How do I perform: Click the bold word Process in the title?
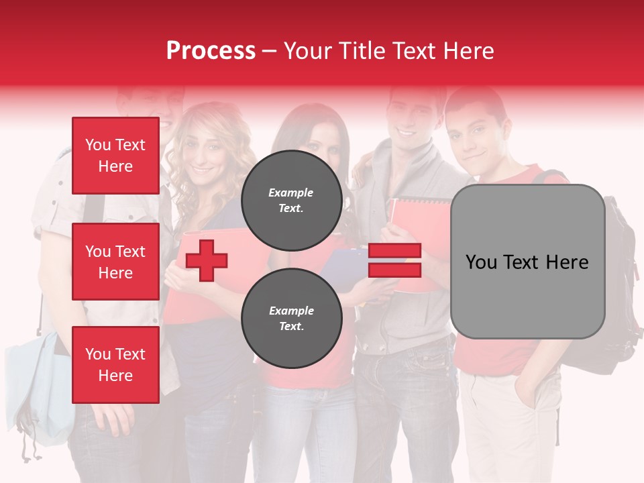tap(211, 51)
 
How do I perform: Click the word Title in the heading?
tap(360, 51)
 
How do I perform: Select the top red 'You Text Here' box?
tap(115, 156)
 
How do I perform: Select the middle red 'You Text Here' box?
tap(115, 262)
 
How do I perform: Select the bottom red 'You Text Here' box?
tap(115, 365)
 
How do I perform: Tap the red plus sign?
tap(207, 260)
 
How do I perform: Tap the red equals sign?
tap(394, 260)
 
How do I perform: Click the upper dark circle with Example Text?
tap(291, 200)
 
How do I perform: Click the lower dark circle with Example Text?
tap(291, 318)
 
